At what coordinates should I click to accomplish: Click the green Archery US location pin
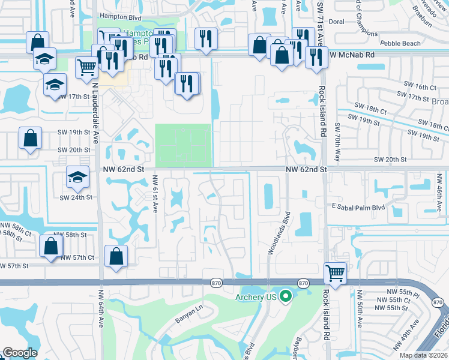[x=286, y=296]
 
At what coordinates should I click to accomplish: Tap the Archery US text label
[x=258, y=297]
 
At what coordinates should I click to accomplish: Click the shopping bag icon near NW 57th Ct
[x=116, y=256]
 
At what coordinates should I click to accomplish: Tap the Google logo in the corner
[x=19, y=353]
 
